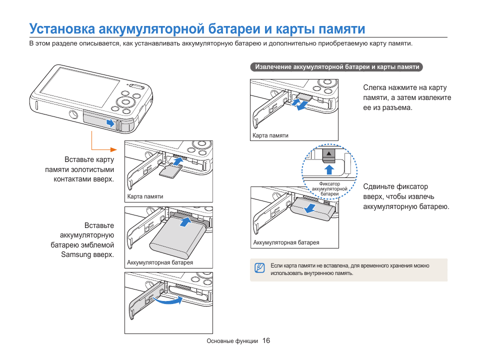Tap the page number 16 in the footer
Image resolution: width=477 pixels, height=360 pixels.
tap(265, 340)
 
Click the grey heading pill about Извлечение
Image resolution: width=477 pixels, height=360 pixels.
tap(336, 67)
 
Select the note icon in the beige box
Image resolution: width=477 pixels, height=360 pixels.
tap(259, 268)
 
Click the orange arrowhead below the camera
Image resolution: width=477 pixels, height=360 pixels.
tap(113, 149)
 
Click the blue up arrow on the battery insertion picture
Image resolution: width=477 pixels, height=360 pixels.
tap(185, 222)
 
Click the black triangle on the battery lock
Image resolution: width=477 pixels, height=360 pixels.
tap(329, 154)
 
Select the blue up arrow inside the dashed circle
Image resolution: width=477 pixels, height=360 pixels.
tap(329, 166)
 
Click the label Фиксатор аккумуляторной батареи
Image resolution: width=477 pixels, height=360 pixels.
tap(329, 189)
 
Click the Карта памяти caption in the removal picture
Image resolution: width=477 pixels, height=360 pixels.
tap(270, 135)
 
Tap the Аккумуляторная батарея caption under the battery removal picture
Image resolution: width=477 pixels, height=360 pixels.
tap(286, 243)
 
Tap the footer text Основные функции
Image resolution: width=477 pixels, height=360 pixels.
tap(232, 341)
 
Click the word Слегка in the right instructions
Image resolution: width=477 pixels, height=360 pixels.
tap(375, 88)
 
